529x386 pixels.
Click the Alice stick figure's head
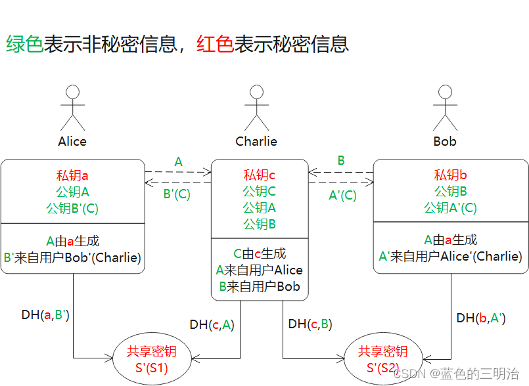72,92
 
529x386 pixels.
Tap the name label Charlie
256,141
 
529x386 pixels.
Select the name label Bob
445,141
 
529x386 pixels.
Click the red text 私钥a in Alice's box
72,175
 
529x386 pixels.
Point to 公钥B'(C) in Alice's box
72,208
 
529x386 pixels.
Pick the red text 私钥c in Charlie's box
260,175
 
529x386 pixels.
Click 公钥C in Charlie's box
260,191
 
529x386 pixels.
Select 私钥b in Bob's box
451,175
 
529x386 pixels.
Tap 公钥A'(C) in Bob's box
451,207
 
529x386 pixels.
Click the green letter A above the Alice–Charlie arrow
178,161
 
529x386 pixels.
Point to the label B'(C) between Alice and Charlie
177,194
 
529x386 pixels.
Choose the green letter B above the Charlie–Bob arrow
341,160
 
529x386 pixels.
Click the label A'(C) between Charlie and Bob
342,195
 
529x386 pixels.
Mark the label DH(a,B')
45,314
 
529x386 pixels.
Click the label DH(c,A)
212,324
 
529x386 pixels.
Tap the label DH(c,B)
310,324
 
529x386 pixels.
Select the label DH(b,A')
480,318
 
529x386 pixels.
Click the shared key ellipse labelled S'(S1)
152,359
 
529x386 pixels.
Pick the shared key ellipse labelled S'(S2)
382,359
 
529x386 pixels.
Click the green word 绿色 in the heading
24,44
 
